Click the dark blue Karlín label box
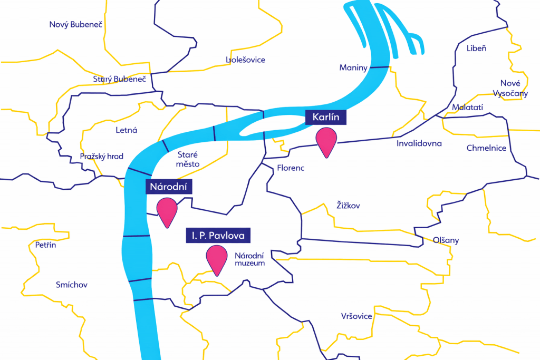[x=325, y=117]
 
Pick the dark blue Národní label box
[x=169, y=187]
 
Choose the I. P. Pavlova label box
[x=218, y=235]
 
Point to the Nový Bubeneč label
[x=75, y=25]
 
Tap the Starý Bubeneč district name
[x=119, y=79]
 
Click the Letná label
[x=126, y=130]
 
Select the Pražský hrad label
[x=102, y=157]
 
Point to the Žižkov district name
[x=348, y=206]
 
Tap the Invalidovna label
[x=419, y=143]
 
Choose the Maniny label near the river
[x=353, y=67]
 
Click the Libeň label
[x=477, y=48]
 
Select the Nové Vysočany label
[x=510, y=88]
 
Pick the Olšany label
[x=446, y=240]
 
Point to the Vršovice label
[x=356, y=316]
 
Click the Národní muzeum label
[x=249, y=259]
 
